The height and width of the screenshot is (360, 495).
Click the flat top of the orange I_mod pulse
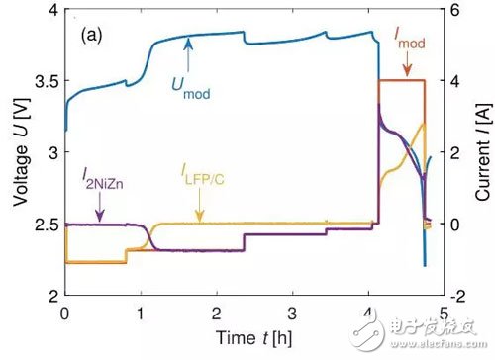coord(402,80)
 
